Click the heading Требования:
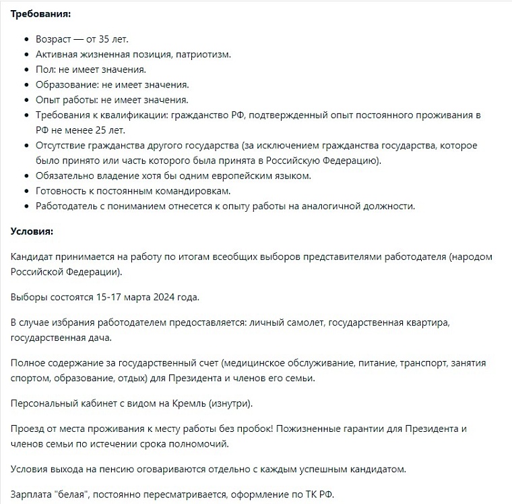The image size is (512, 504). [x=40, y=13]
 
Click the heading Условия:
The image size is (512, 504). [x=32, y=231]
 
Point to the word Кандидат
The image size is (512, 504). [x=34, y=257]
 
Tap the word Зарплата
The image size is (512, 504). [x=34, y=495]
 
